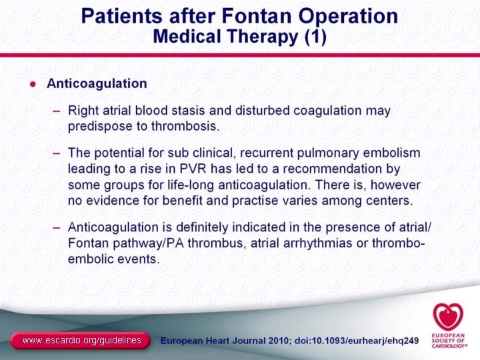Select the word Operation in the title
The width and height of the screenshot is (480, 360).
coord(346,15)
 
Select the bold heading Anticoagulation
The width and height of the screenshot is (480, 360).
coord(97,83)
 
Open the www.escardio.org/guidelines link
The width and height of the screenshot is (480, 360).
coord(81,341)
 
